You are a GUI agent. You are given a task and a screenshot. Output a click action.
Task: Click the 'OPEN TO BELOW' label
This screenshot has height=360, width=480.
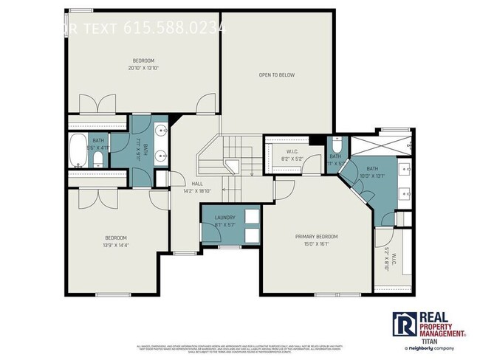[277, 75]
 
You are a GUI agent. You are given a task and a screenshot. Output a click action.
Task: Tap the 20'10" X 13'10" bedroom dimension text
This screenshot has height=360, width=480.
[143, 68]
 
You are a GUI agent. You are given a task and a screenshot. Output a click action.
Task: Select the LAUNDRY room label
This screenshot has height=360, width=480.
[224, 218]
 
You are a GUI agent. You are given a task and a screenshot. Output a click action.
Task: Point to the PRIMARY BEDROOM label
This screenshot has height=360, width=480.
[316, 236]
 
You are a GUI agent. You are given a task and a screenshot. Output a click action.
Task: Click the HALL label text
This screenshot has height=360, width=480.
[197, 184]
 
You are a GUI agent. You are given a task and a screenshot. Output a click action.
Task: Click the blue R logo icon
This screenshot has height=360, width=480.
[404, 323]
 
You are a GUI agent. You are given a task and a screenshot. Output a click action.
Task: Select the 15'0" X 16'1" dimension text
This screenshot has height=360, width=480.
[316, 244]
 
